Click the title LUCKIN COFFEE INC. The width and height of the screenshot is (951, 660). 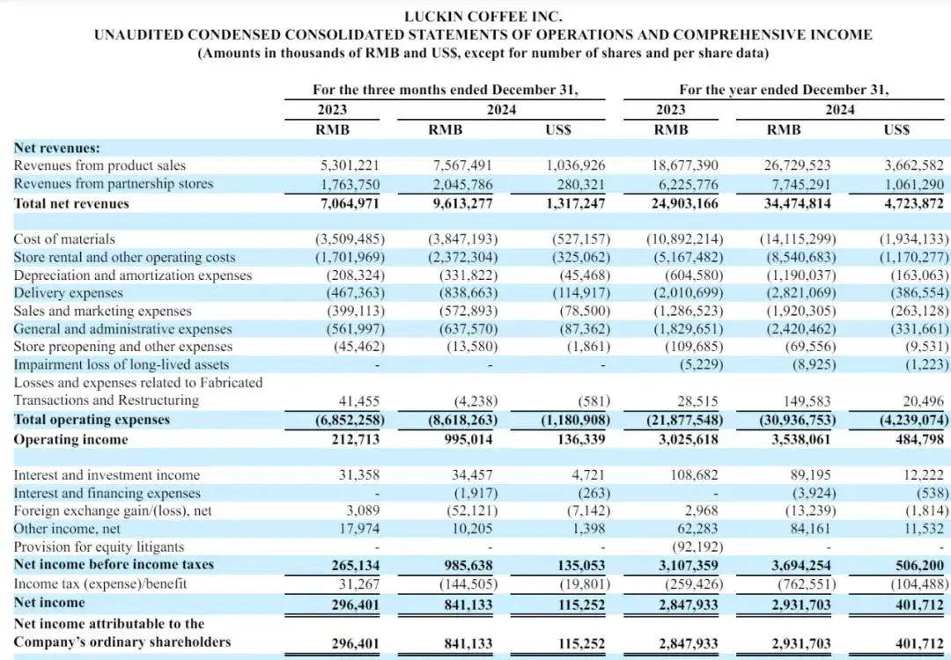pyautogui.click(x=483, y=16)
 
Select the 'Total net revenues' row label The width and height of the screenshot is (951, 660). pyautogui.click(x=71, y=203)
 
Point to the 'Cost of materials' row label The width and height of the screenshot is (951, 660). pyautogui.click(x=64, y=238)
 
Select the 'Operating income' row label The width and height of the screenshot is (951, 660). pyautogui.click(x=70, y=439)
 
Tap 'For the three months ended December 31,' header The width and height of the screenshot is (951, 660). pyautogui.click(x=446, y=90)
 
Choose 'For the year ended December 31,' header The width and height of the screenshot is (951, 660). pyautogui.click(x=784, y=90)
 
